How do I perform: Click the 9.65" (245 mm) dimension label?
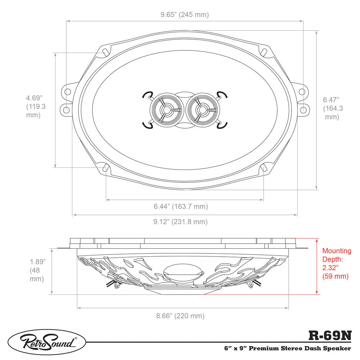(185, 15)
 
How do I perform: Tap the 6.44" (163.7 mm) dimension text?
(181, 206)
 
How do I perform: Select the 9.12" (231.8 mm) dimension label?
(180, 222)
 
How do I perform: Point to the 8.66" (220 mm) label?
(180, 316)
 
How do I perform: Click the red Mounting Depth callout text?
(337, 264)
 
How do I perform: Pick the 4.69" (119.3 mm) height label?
(36, 107)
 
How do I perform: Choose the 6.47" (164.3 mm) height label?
(333, 108)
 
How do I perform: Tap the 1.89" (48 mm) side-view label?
(37, 270)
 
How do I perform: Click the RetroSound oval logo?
(47, 343)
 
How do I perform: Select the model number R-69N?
(330, 336)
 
